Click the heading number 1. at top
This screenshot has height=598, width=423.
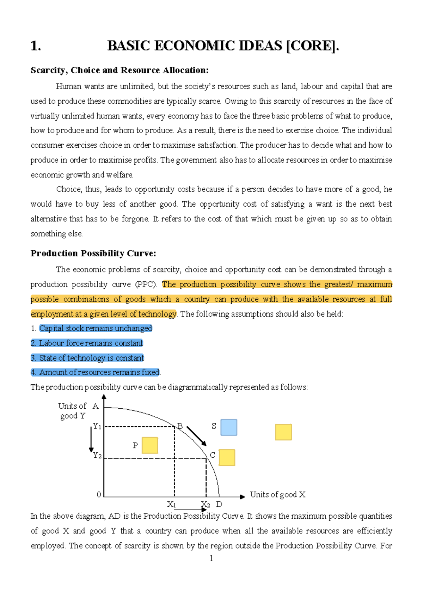(x=36, y=46)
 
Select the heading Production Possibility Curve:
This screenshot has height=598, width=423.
(x=93, y=254)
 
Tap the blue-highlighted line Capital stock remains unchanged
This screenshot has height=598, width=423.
(x=96, y=328)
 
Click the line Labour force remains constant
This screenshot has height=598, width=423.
(x=87, y=343)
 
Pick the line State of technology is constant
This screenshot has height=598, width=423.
(x=87, y=358)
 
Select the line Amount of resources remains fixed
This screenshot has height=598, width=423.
(x=95, y=372)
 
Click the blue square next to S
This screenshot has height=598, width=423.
(x=229, y=427)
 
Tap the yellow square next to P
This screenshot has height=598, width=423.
(x=150, y=445)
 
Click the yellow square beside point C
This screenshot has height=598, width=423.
(x=227, y=457)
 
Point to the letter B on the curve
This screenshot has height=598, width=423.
(x=180, y=426)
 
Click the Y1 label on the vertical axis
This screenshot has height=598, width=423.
(x=97, y=427)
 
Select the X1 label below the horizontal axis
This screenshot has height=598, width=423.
(x=171, y=505)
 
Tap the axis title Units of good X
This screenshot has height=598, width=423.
(x=277, y=495)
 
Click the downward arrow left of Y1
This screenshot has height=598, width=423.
(x=91, y=440)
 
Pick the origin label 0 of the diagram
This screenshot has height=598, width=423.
(x=99, y=495)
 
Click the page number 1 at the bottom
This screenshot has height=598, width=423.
(x=211, y=558)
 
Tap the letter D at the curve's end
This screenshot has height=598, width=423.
(x=219, y=505)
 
